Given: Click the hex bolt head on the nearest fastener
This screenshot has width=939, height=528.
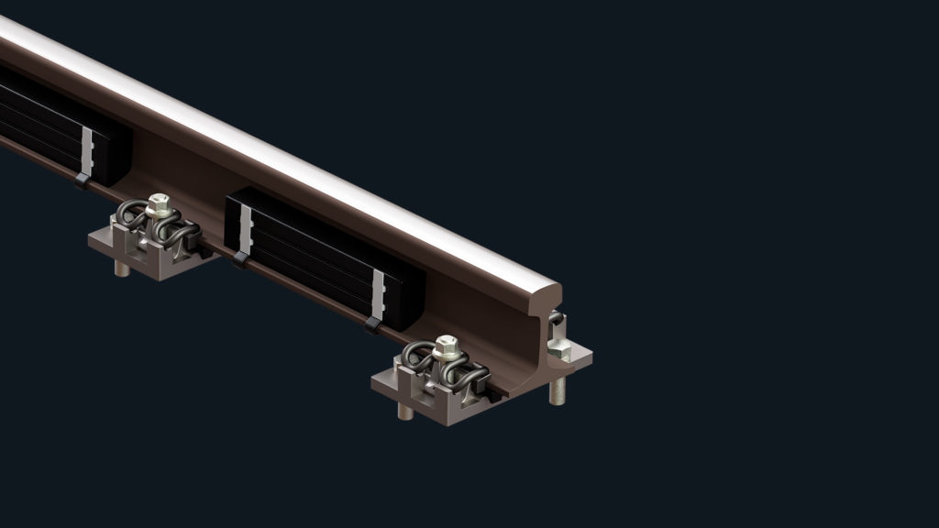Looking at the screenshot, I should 447,345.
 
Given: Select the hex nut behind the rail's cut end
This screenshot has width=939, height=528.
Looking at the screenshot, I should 558,349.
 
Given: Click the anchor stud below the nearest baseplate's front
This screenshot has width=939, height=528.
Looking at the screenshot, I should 405,410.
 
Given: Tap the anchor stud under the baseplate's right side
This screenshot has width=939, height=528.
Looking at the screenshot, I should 557,391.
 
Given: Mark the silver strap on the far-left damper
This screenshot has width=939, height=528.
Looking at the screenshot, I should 87,150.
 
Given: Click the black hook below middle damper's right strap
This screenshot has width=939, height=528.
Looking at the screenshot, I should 373,324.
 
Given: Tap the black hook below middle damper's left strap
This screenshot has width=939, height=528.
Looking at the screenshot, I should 240,259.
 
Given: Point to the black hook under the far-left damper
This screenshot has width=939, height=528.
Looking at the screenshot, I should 83,181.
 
